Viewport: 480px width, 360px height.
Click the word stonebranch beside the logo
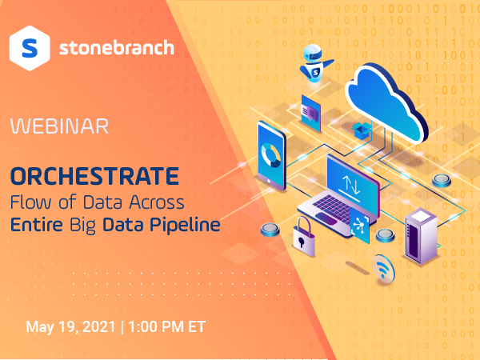(116, 48)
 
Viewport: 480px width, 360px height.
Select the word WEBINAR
(60, 126)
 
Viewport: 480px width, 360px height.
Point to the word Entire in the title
(38, 225)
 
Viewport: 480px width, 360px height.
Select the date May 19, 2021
(71, 326)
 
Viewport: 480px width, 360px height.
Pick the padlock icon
(303, 234)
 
